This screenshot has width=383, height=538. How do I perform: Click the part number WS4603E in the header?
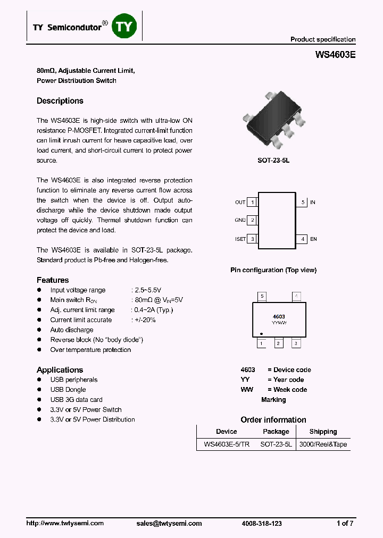pos(335,54)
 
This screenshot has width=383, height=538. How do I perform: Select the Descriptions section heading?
pos(60,101)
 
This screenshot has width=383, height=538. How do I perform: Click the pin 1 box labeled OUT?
pos(253,202)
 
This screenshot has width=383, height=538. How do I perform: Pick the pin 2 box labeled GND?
pos(253,220)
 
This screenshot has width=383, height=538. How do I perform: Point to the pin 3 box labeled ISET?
pos(253,239)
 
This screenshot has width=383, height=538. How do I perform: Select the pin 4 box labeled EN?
pos(302,239)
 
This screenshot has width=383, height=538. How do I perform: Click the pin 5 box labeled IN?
pos(302,202)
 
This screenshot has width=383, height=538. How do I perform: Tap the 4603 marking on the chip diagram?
pos(279,316)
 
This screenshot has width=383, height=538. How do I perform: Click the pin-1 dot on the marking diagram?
pos(261,333)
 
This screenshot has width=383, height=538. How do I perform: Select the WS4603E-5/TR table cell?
pos(226,444)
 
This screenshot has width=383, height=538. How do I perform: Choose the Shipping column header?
pos(323,432)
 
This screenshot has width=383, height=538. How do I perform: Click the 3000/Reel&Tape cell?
pos(323,444)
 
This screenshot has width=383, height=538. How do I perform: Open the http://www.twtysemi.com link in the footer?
pos(65,523)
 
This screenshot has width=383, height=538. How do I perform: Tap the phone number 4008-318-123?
pos(262,523)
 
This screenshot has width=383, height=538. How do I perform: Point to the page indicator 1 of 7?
pos(345,523)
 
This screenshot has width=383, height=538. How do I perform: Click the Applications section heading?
pos(60,370)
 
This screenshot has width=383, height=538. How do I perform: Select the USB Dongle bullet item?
pos(68,390)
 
